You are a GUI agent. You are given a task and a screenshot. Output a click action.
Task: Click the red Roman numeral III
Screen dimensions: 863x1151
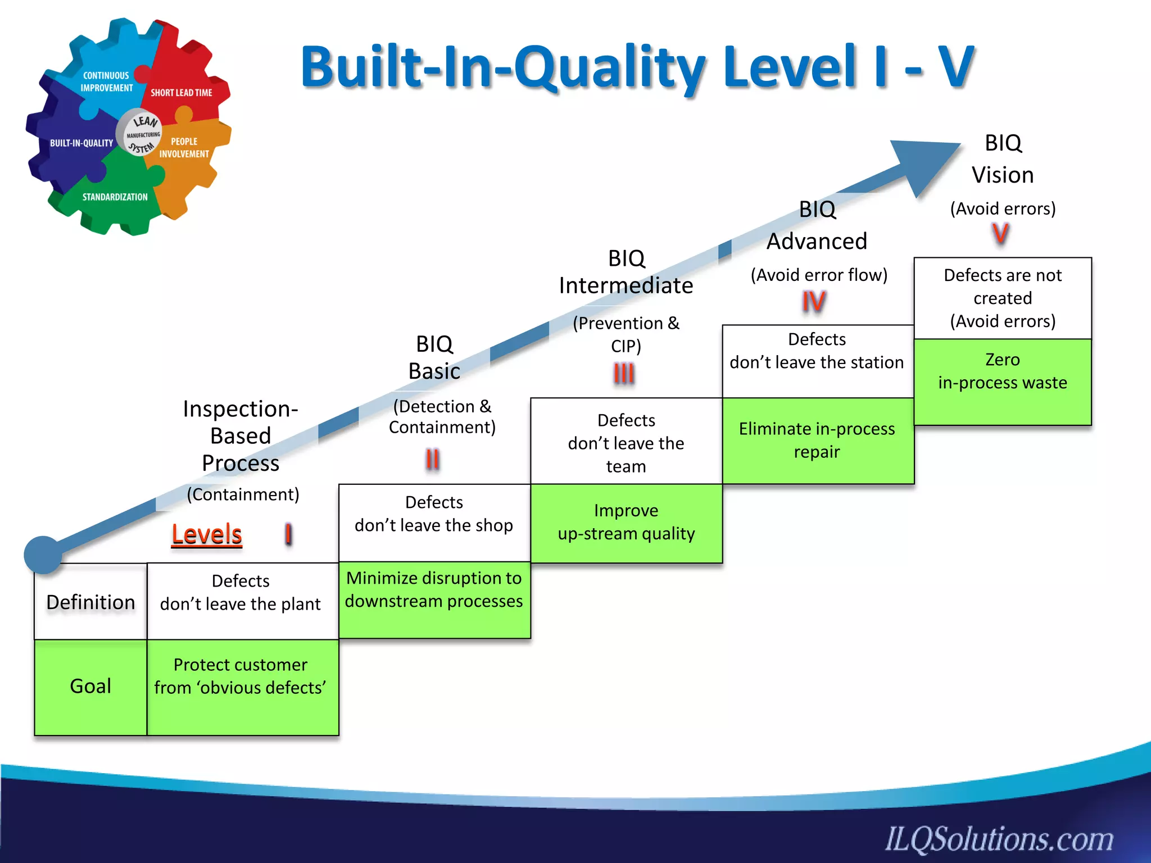624,373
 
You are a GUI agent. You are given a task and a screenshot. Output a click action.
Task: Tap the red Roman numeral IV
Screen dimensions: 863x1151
813,302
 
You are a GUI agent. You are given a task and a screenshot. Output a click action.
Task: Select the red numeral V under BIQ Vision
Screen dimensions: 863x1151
1000,234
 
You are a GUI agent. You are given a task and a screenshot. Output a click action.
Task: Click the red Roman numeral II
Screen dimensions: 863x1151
432,459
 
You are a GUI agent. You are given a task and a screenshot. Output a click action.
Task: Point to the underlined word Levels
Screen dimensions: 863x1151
207,534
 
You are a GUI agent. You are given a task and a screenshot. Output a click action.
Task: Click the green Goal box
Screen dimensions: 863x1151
90,687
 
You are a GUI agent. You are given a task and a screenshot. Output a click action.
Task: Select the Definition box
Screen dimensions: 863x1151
90,602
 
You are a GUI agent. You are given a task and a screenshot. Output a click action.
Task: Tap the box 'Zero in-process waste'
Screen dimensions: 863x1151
1002,381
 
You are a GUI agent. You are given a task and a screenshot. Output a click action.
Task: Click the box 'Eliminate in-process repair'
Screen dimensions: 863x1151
817,440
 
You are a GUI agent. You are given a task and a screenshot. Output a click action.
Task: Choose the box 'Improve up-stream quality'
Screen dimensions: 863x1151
626,523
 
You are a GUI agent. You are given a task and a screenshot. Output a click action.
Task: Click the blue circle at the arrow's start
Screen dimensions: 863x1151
43,555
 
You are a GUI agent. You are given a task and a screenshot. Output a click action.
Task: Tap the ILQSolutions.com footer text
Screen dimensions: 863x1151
999,839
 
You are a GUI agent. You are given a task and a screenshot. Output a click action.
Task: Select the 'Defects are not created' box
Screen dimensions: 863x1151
1002,298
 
